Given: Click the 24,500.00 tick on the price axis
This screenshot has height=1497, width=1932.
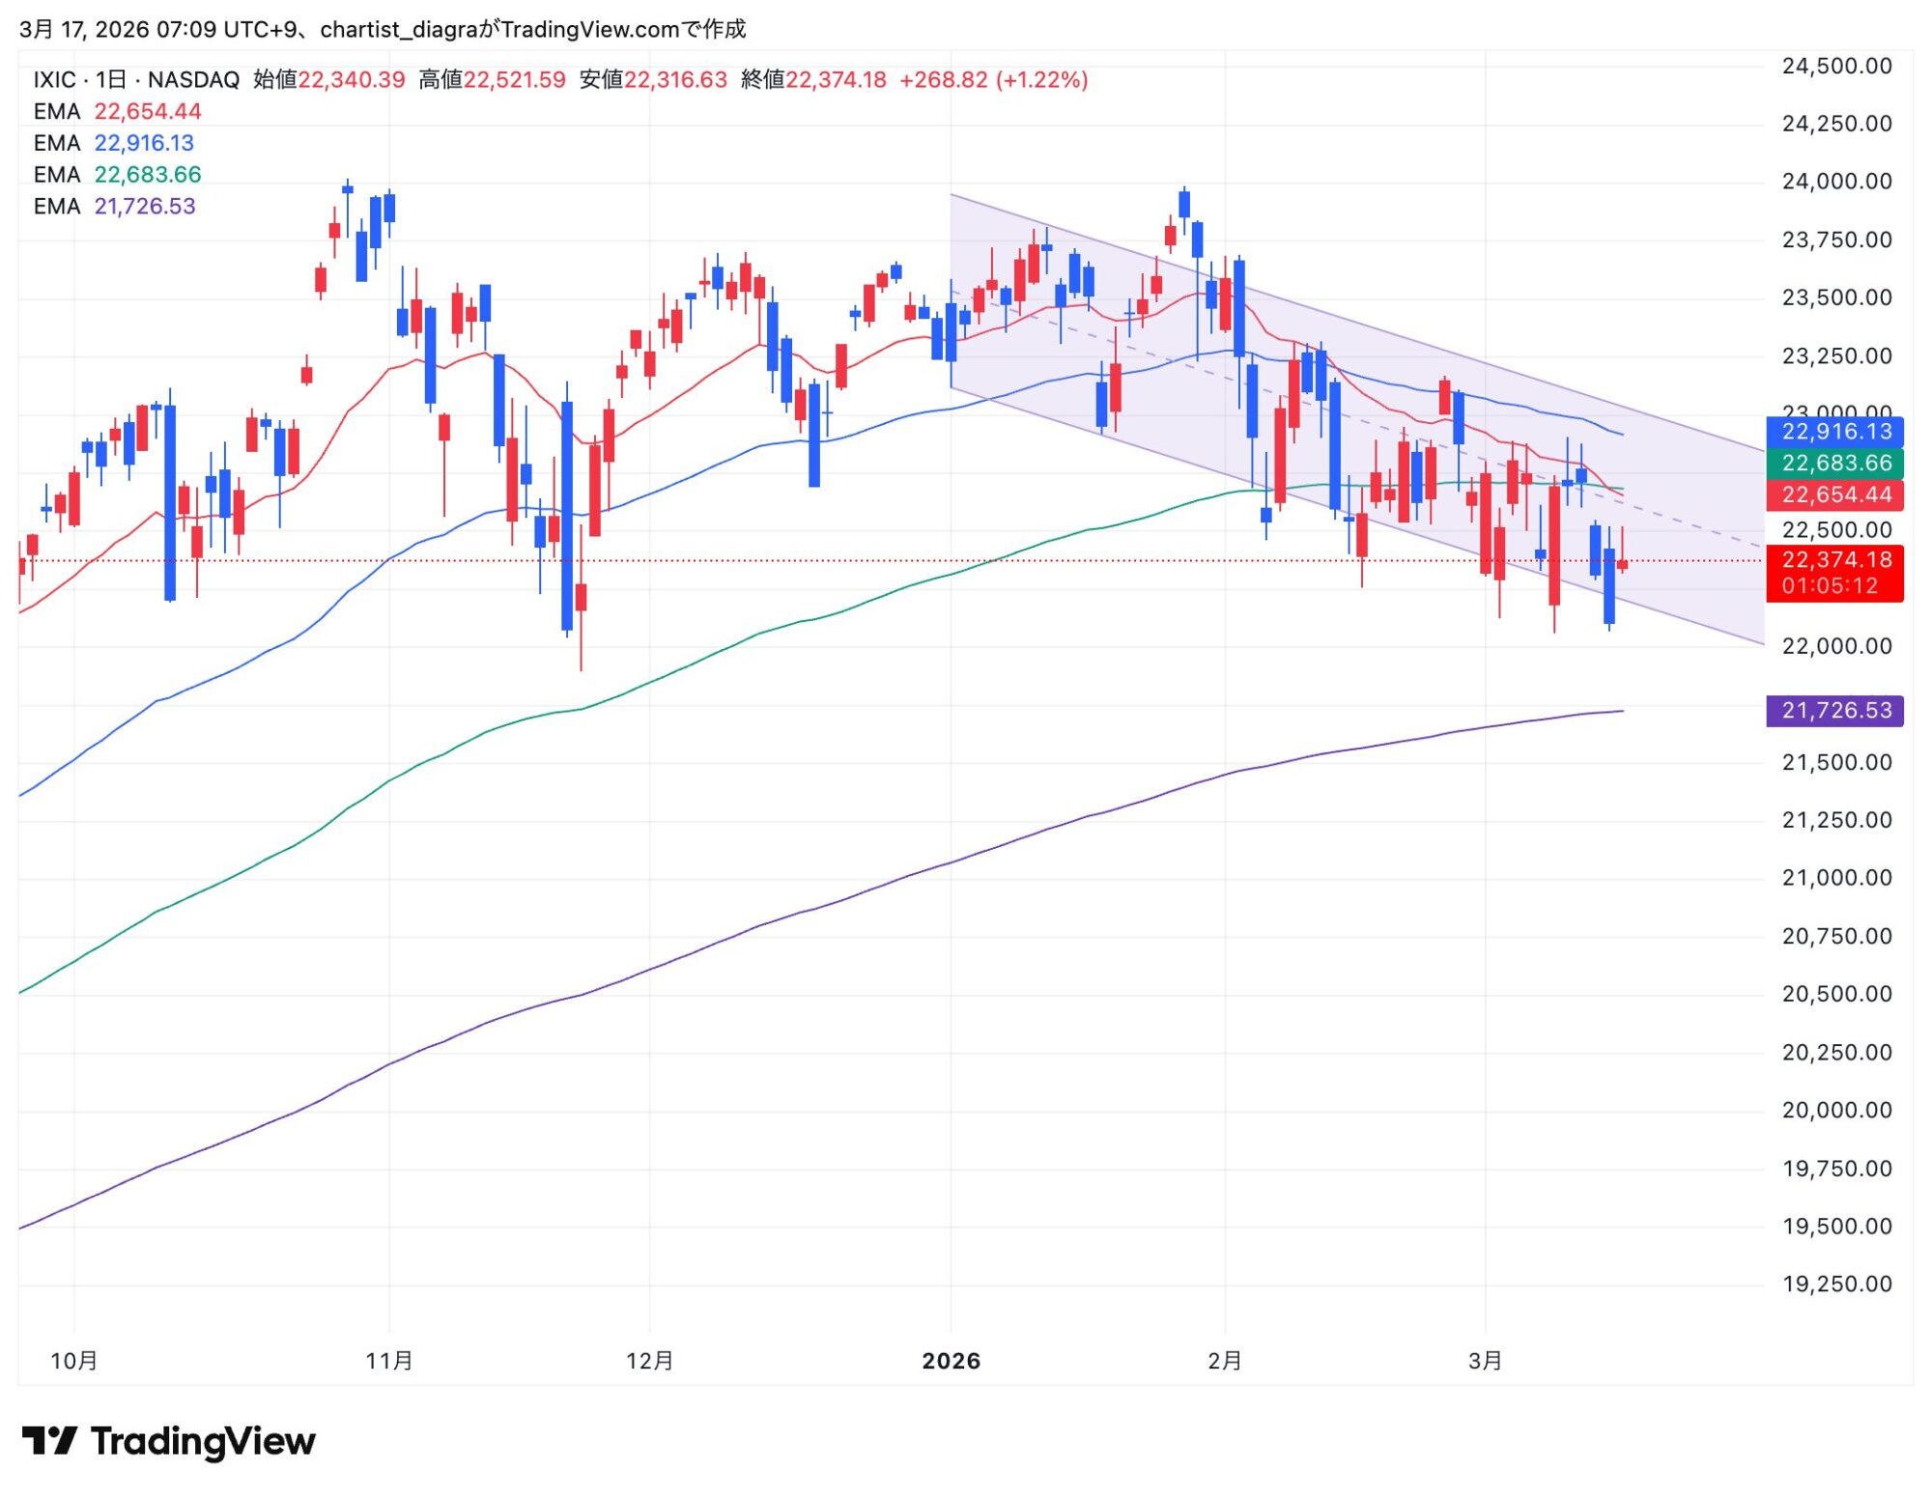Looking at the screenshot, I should [1835, 67].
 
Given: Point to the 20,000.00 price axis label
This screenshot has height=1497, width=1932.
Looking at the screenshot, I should [1835, 1110].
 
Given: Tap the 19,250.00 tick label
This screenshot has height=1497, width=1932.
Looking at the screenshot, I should [1835, 1284].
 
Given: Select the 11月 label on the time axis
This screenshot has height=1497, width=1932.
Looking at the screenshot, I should [389, 1361].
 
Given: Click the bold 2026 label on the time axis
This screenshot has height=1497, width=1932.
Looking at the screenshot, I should [951, 1361].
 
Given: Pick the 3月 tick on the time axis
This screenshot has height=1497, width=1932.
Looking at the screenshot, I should [1485, 1361].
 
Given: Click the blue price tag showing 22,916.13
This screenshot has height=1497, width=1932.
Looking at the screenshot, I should [1834, 432].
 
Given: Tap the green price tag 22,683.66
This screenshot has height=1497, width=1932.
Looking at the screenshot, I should [1834, 464].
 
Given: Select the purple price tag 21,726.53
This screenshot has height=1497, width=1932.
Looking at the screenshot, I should [1834, 711].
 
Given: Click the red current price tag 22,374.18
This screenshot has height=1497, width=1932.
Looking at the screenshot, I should [1834, 560].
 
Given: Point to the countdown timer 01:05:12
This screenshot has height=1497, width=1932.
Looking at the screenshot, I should [1830, 586].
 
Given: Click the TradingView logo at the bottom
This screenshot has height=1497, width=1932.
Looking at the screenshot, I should [169, 1441].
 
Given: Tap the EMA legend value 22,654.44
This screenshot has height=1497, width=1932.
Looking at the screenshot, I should [148, 112].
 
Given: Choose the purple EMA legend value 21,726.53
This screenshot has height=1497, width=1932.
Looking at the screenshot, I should [145, 207].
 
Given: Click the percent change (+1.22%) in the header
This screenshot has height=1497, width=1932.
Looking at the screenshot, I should [1042, 80].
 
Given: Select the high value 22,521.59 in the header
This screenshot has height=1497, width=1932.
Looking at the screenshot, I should [514, 80].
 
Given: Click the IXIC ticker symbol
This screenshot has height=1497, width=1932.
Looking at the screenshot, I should [54, 80].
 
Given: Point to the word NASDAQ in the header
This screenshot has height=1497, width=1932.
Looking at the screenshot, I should [193, 80].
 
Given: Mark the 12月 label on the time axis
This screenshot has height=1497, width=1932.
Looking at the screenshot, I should [649, 1361].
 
